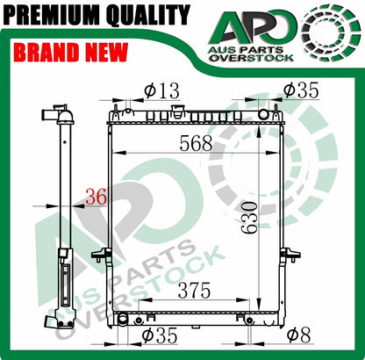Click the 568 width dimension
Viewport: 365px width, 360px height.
click(196, 143)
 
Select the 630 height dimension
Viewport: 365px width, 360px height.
click(249, 217)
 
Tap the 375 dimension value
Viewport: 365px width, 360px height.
click(195, 291)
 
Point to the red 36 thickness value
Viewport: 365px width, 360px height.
click(96, 197)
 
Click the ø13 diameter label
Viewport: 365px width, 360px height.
click(161, 90)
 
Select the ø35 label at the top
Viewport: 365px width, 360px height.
click(301, 90)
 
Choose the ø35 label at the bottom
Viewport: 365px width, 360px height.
click(160, 335)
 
